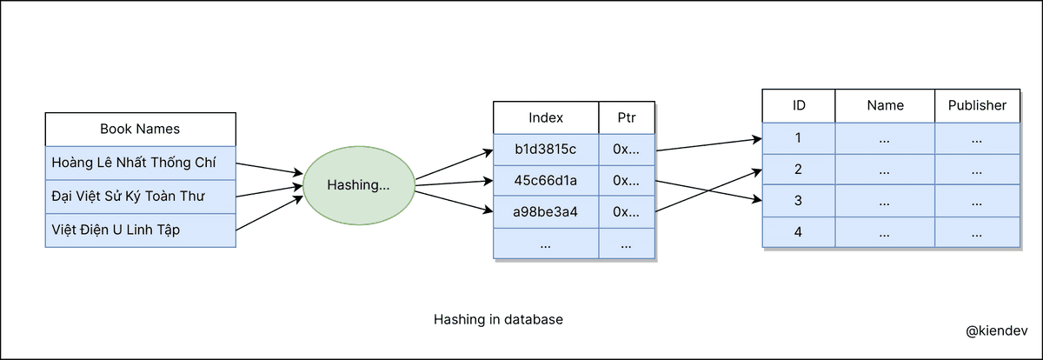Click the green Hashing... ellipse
coord(358,184)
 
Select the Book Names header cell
coord(140,129)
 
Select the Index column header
coord(546,117)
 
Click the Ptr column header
coord(627,117)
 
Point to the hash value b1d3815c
coord(546,149)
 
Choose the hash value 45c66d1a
coord(546,180)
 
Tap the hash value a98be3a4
coord(546,211)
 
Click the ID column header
coord(799,105)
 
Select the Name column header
coord(885,105)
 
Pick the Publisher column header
coord(977,105)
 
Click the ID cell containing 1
coord(799,137)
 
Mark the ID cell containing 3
coord(799,201)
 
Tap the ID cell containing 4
coord(799,233)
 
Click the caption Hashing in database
coord(498,319)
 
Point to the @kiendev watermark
coord(995,331)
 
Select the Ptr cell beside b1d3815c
coord(627,149)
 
